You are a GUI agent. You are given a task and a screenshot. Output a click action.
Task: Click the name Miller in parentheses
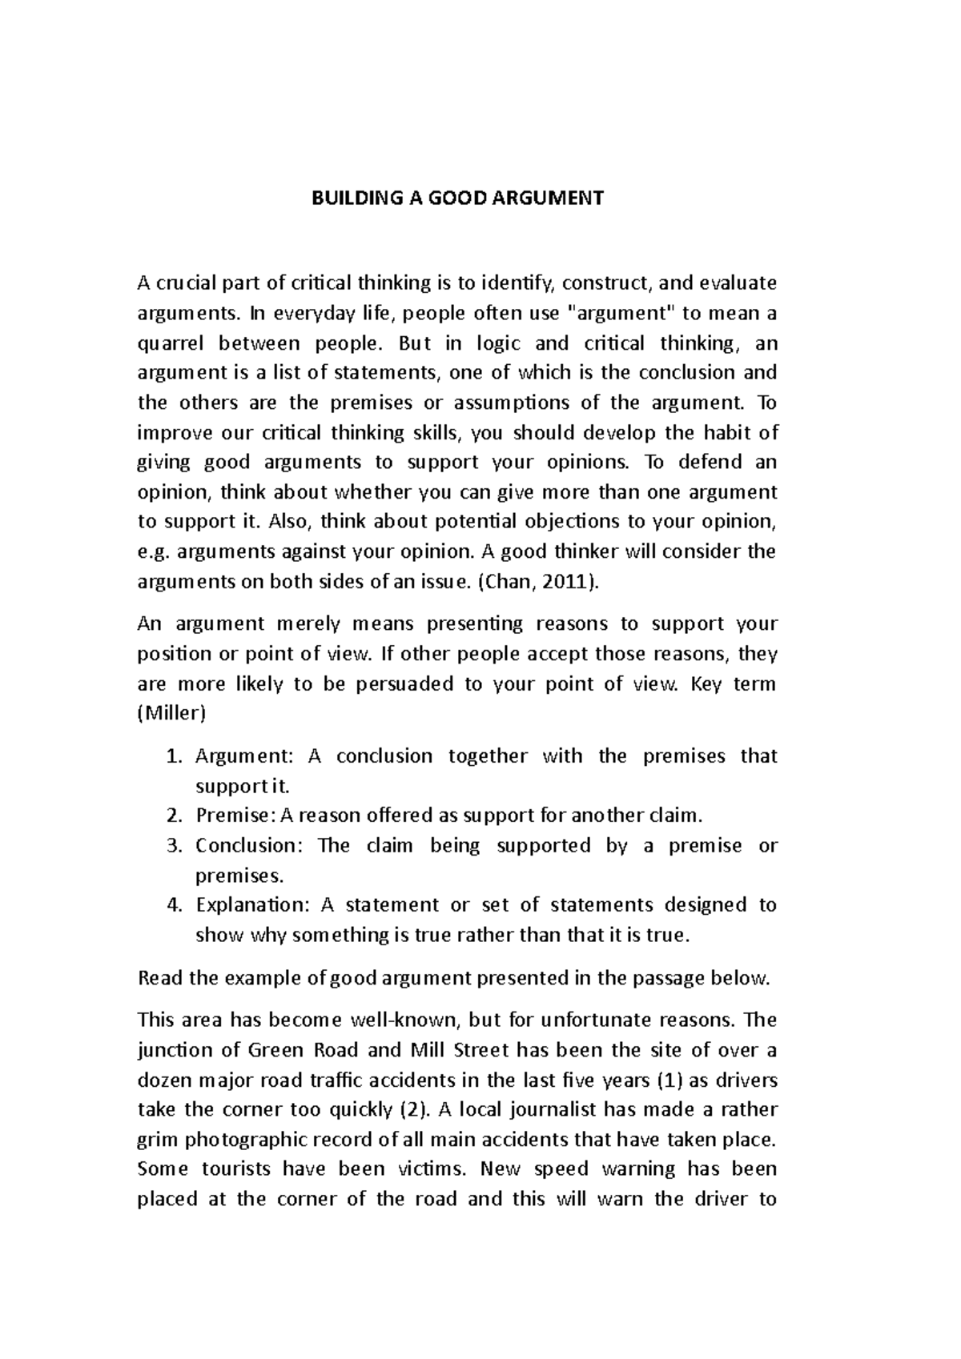pyautogui.click(x=171, y=714)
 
